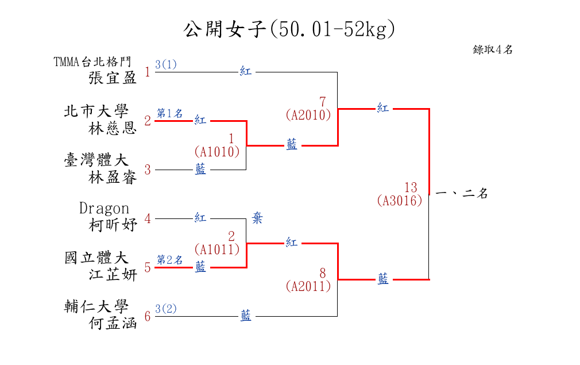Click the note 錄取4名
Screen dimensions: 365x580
point(492,50)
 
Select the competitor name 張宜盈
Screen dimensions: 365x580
point(113,78)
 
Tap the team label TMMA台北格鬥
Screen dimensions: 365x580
point(92,62)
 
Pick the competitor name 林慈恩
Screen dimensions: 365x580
point(113,128)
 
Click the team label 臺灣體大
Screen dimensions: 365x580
point(96,160)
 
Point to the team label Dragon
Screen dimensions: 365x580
point(104,208)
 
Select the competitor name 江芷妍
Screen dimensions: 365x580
point(113,275)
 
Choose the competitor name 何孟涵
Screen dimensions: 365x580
point(113,324)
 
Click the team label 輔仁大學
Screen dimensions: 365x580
point(96,306)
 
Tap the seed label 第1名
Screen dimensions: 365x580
point(170,113)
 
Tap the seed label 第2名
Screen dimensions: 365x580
point(170,260)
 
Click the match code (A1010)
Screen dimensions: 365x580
point(216,152)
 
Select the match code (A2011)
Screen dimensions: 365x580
point(308,286)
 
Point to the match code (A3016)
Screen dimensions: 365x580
point(400,201)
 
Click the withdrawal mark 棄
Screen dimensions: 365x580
point(257,218)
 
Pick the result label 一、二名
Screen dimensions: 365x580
point(462,194)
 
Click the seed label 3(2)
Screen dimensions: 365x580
point(166,309)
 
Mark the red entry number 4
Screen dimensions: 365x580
point(148,219)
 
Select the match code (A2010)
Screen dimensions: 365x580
point(308,115)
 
